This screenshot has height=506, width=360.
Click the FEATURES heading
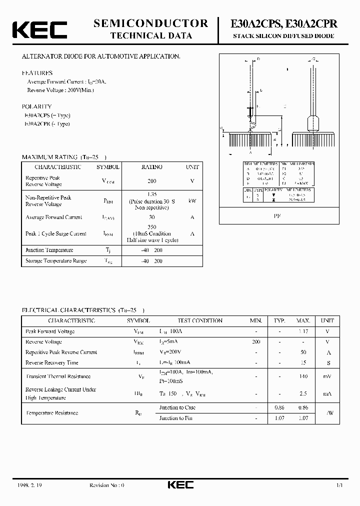[37, 73]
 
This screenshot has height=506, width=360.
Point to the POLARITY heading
[36, 106]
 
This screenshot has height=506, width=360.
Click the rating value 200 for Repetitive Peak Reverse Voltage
[152, 181]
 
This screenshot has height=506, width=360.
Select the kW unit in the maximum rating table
[192, 201]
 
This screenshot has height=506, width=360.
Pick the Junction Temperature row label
[49, 250]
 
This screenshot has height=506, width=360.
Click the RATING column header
[152, 167]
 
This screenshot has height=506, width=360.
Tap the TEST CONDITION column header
[200, 320]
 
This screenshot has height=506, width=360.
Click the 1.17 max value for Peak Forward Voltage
[303, 331]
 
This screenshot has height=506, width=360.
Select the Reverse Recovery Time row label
[51, 362]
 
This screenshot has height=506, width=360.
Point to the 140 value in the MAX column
[303, 376]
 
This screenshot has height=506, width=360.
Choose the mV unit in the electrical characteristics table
[327, 376]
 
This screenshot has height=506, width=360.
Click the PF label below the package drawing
[276, 216]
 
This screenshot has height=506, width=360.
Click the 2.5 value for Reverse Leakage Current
[303, 394]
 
